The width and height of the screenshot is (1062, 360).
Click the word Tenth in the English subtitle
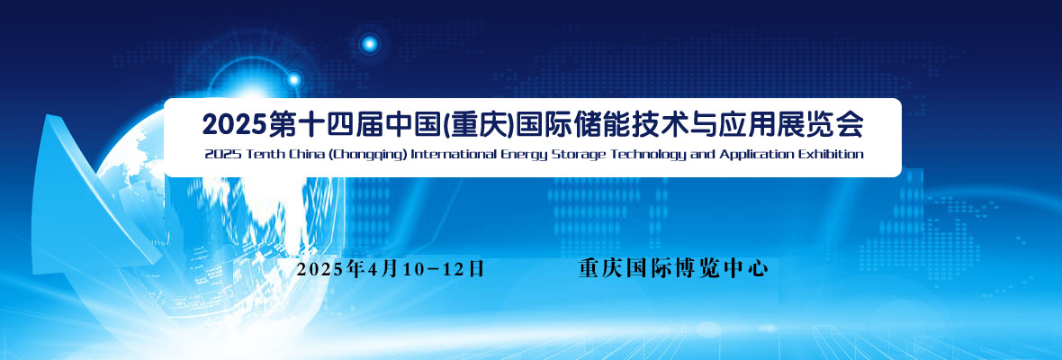coord(251,154)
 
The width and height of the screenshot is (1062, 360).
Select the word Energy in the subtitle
coord(524,155)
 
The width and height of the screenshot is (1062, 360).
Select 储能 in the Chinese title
coord(596,124)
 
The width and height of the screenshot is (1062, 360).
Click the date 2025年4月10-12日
coord(391,268)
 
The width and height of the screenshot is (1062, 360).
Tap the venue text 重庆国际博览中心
coord(673,268)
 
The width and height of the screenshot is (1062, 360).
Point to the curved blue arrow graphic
coord(81,203)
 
